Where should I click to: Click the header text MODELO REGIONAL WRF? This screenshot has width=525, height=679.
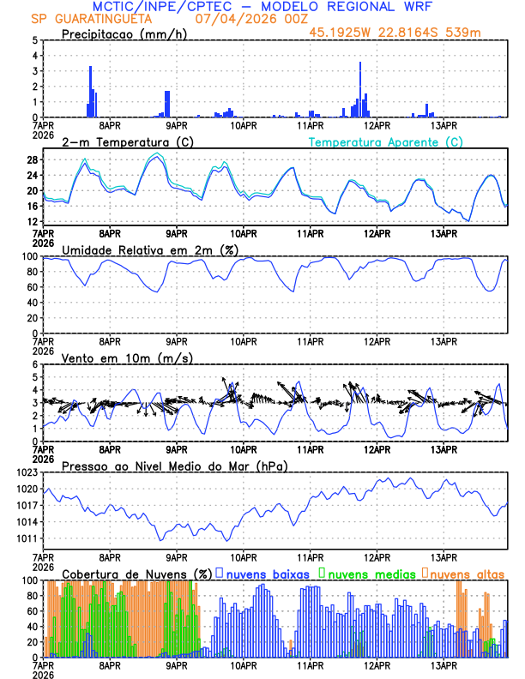click(x=354, y=6)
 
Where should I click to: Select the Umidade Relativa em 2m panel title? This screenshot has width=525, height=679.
click(x=150, y=249)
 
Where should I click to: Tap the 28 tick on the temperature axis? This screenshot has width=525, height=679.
click(x=32, y=159)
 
